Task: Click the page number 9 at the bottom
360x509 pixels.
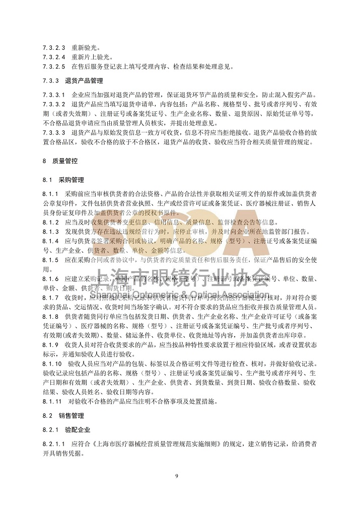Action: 177,476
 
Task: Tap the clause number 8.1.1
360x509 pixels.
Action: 51,193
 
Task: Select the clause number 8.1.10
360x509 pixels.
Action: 52,363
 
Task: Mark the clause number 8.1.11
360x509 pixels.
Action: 52,402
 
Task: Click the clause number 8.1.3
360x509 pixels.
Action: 51,232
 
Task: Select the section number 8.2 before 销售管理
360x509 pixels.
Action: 48,416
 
